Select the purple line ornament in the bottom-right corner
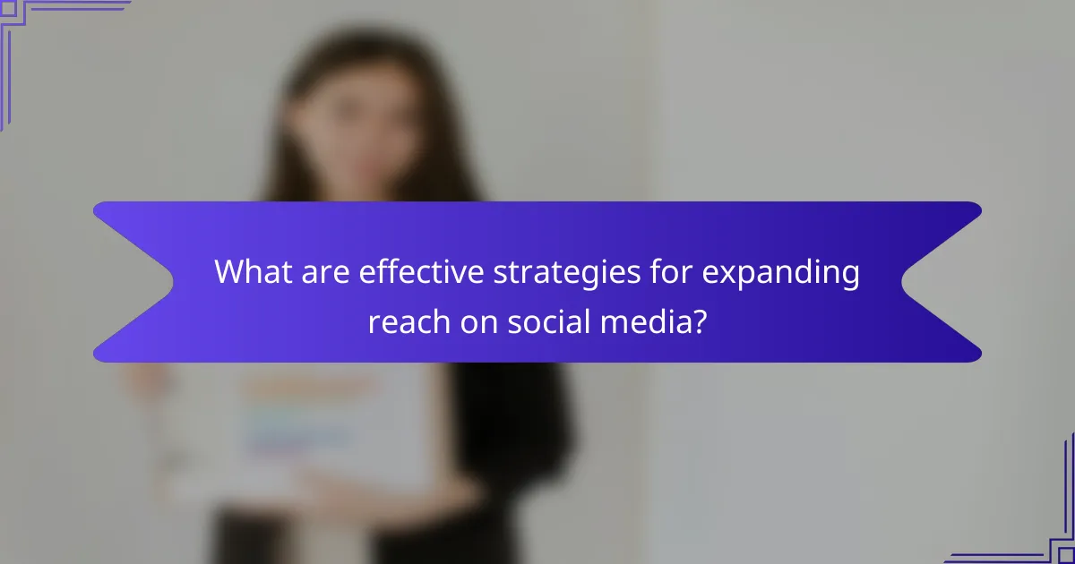1048,537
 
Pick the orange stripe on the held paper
305,387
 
